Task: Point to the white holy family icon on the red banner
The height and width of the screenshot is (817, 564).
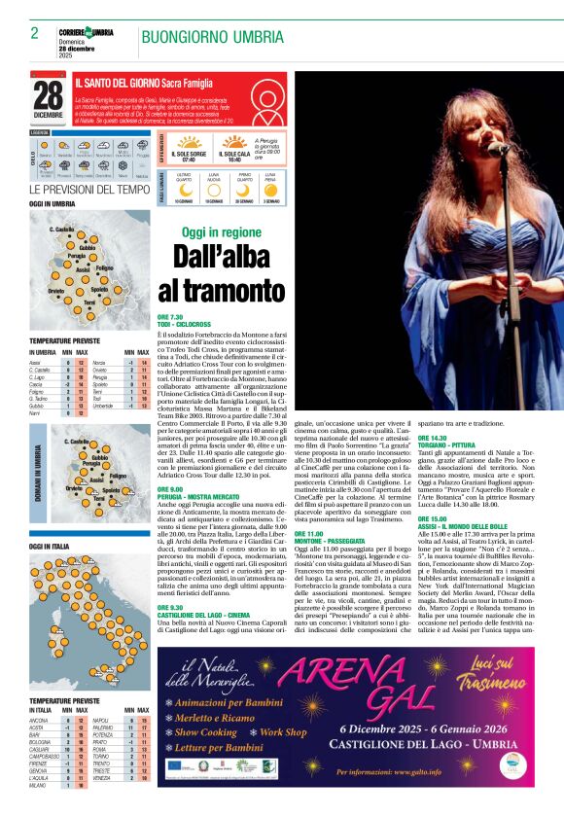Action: click(265, 100)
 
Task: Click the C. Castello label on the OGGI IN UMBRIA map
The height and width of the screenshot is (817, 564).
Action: click(62, 229)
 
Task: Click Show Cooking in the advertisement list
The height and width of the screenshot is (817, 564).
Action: click(206, 732)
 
